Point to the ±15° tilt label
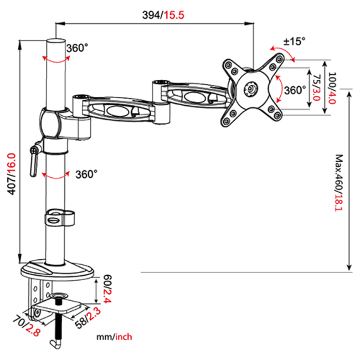click(294, 41)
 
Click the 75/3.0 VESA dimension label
click(316, 88)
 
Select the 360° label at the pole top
click(77, 48)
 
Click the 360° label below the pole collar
click(86, 174)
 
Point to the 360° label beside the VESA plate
click(295, 90)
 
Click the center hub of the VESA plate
click(252, 88)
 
